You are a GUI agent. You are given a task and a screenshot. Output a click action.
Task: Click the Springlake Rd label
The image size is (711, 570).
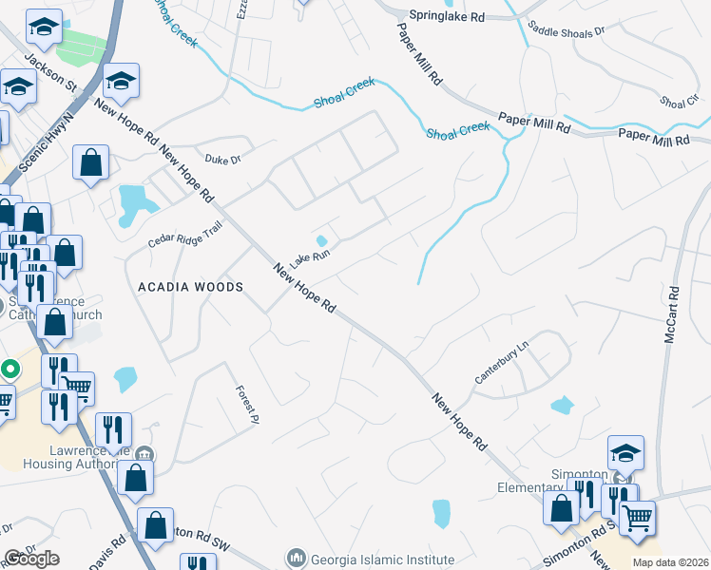(x=447, y=16)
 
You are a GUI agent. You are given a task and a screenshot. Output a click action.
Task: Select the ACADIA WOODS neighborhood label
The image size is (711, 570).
(x=190, y=286)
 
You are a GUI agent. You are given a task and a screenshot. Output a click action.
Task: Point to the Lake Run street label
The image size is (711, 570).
(x=310, y=257)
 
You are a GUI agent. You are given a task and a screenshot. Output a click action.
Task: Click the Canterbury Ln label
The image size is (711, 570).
(x=501, y=364)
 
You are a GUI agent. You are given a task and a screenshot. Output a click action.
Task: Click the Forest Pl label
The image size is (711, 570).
(x=249, y=403)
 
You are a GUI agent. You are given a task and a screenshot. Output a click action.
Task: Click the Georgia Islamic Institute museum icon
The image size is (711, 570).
(x=296, y=557)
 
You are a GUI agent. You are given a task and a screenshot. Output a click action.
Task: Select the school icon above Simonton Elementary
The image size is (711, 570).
(x=625, y=453)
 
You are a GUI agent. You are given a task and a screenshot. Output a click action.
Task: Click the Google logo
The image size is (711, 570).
(x=31, y=559)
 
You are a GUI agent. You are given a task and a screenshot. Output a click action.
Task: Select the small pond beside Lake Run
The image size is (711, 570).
(x=322, y=240)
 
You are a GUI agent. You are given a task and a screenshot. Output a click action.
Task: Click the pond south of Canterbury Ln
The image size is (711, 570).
(x=562, y=405)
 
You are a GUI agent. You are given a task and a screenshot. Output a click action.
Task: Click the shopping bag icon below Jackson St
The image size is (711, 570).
(x=90, y=162)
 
